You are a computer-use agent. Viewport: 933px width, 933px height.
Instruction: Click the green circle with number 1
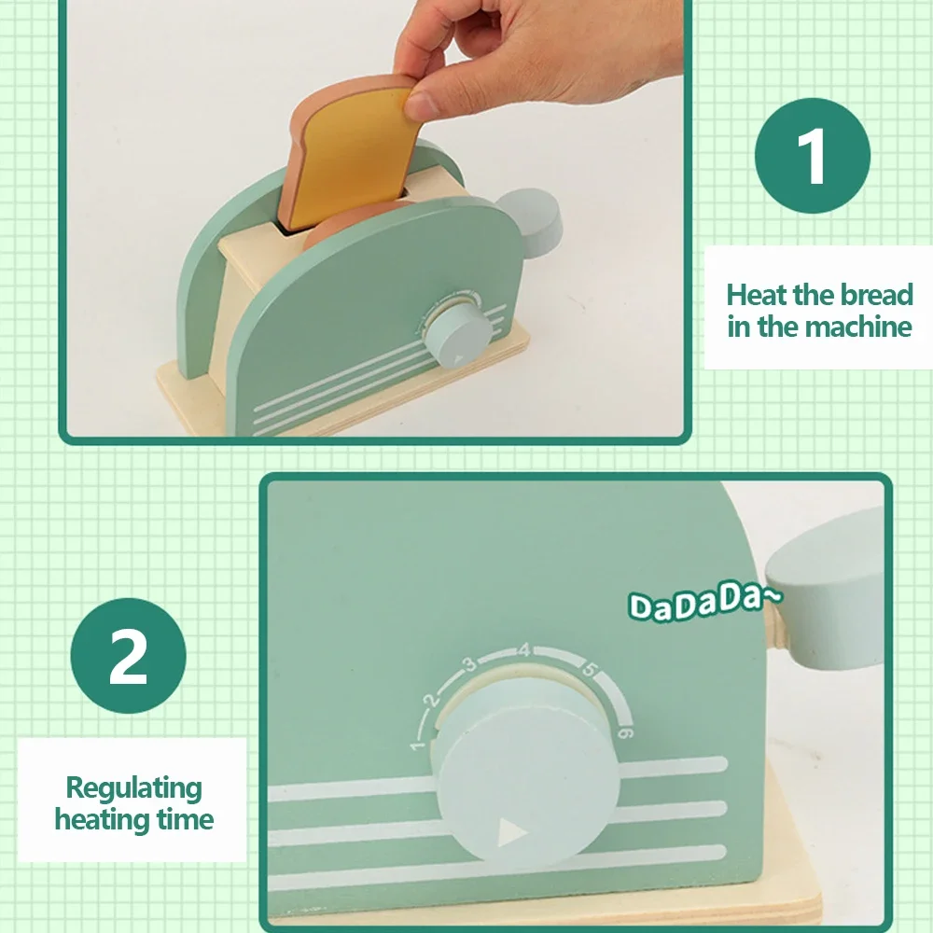coord(813,156)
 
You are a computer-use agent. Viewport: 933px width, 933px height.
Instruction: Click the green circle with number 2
coord(128,656)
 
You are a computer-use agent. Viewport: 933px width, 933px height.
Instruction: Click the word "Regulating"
coord(133,788)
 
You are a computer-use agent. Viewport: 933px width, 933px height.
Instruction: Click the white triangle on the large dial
coord(511,832)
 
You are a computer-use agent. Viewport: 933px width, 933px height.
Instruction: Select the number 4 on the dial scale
coord(523,649)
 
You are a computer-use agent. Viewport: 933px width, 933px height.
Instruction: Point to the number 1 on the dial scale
coord(418,745)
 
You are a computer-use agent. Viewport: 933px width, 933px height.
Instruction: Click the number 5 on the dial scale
coord(589,669)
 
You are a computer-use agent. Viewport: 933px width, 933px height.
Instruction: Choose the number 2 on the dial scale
coord(433,699)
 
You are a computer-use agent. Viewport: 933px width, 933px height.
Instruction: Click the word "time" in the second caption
coord(185,819)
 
